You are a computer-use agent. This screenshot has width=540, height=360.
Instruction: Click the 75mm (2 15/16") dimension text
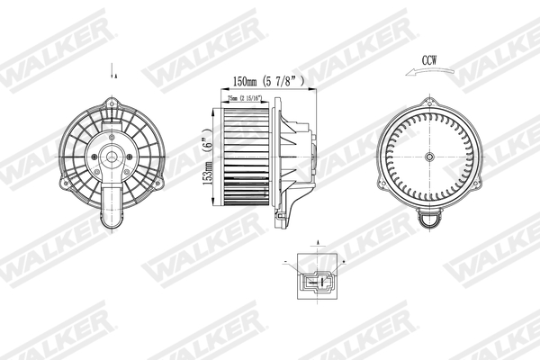coord(247,100)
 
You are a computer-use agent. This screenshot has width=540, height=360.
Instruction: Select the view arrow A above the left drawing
coord(112,69)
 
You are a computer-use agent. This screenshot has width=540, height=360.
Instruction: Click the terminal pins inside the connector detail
coord(315,281)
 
